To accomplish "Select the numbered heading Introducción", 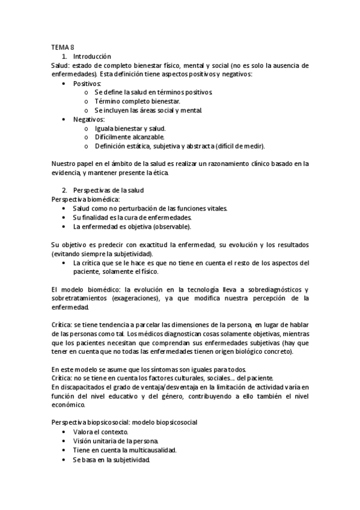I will pos(91,56).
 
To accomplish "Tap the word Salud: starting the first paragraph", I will pos(61,65).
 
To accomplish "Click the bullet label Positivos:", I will pos(87,84).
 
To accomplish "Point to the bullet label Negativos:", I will pos(88,119).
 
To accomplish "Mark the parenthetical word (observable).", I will pos(174,226).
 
